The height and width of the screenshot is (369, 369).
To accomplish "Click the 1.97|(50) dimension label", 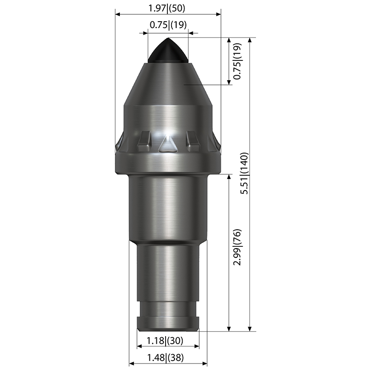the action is [x=167, y=8].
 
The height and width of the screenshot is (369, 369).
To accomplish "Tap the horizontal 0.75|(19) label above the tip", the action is [x=168, y=25].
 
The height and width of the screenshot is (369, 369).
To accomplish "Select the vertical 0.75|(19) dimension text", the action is [x=237, y=61].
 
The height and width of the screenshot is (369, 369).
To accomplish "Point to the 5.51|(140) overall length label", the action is [x=244, y=173].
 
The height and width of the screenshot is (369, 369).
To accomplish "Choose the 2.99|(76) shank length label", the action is [x=237, y=247].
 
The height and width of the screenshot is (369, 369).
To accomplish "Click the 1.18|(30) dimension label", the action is [x=165, y=340].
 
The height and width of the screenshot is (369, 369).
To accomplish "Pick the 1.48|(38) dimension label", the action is [x=165, y=358].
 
